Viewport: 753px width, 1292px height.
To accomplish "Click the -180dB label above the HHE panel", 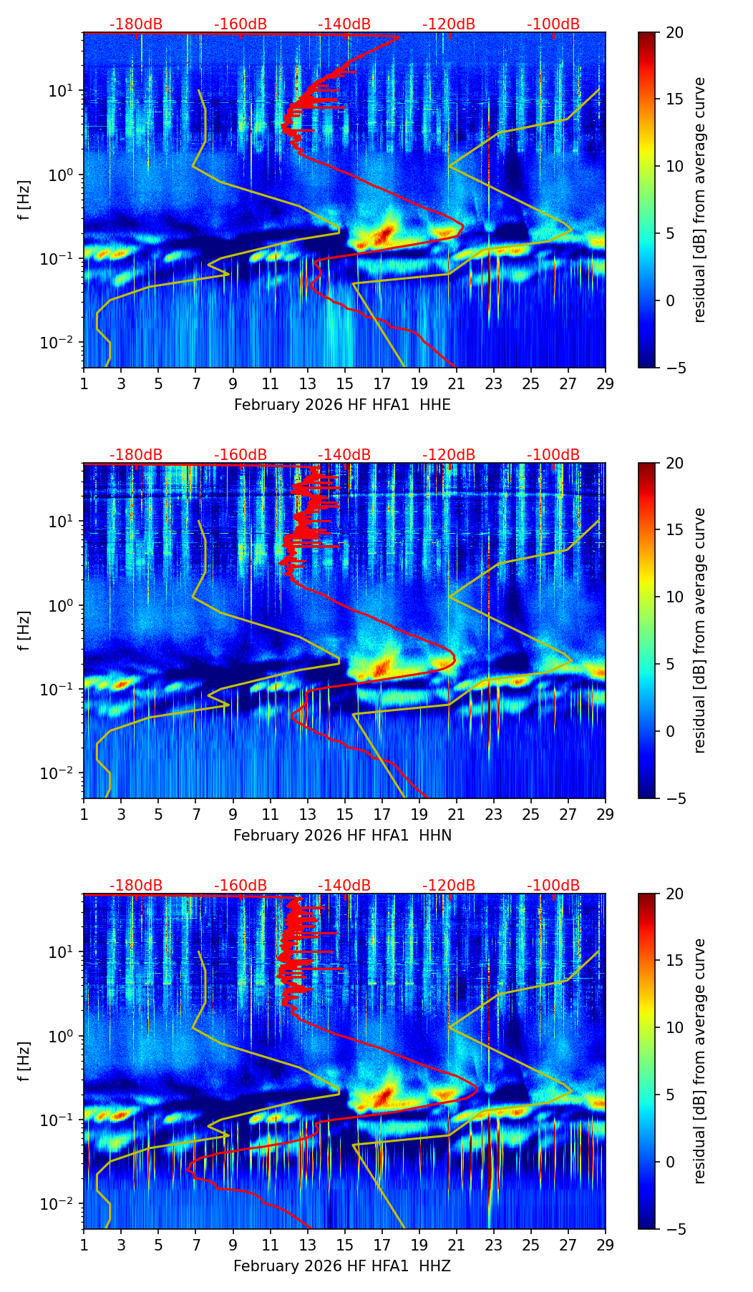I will coord(136,24).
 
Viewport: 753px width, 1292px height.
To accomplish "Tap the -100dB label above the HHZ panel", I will coord(553,886).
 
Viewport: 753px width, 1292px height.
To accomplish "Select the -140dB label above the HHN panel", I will coord(344,455).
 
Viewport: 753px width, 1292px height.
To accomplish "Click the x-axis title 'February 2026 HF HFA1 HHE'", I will coord(342,405).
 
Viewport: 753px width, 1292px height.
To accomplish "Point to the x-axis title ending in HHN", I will coord(342,836).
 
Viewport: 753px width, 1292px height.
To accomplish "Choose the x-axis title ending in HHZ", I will coord(342,1266).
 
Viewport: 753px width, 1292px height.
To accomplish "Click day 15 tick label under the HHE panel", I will coord(344,383).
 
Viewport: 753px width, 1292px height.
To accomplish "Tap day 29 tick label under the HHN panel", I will coord(605,813).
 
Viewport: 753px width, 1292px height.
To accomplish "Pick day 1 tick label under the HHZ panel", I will coord(84,1244).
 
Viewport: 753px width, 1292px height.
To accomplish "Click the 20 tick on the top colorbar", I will coord(674,32).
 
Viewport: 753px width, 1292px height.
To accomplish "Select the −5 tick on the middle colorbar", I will coord(674,798).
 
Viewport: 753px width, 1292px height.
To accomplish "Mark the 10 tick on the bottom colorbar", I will coord(674,1027).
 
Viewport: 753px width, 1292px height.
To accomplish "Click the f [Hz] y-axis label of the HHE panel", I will coord(24,200).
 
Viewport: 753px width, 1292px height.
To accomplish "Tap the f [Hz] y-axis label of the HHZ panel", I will coord(24,1061).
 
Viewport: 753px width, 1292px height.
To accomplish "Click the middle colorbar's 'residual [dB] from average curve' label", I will coord(699,630).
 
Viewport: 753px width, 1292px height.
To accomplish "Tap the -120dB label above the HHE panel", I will coord(449,24).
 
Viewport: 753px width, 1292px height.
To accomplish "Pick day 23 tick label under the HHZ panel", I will coord(493,1244).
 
